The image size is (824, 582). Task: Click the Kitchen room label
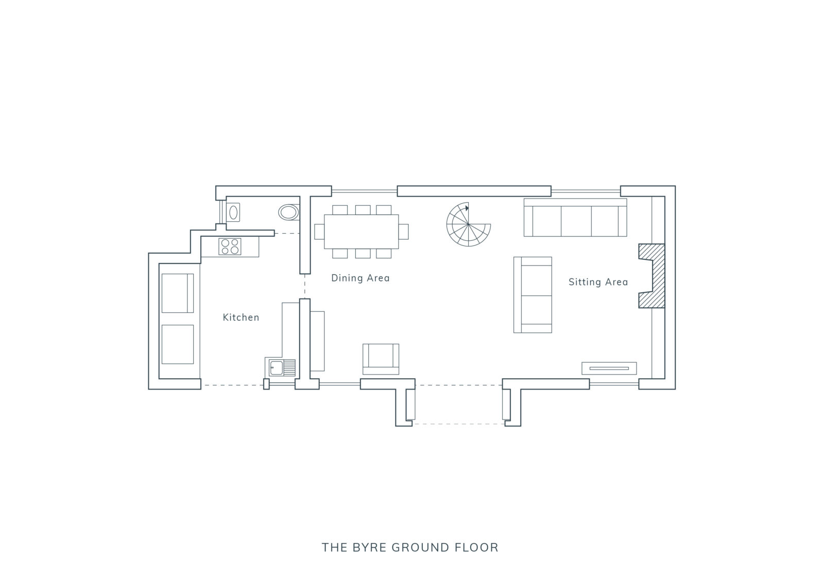pyautogui.click(x=241, y=318)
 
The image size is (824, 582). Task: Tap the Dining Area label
pyautogui.click(x=360, y=278)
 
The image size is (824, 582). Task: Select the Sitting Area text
pyautogui.click(x=598, y=282)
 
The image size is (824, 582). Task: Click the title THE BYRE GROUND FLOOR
pyautogui.click(x=410, y=548)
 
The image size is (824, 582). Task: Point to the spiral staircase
pyautogui.click(x=468, y=224)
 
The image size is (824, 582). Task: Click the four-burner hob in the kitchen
pyautogui.click(x=230, y=246)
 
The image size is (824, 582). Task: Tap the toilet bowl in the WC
pyautogui.click(x=289, y=213)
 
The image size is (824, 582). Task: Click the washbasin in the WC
pyautogui.click(x=233, y=212)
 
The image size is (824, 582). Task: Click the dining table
pyautogui.click(x=361, y=232)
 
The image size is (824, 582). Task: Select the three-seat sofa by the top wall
pyautogui.click(x=575, y=218)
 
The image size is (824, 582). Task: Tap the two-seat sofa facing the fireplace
pyautogui.click(x=533, y=295)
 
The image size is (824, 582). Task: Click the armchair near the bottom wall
pyautogui.click(x=381, y=359)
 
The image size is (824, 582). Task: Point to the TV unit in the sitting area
pyautogui.click(x=609, y=368)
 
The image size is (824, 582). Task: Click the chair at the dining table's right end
pyautogui.click(x=404, y=232)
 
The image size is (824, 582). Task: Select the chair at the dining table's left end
pyautogui.click(x=319, y=232)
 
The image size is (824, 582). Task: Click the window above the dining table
pyautogui.click(x=364, y=191)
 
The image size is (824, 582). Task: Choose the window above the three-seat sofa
pyautogui.click(x=586, y=191)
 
